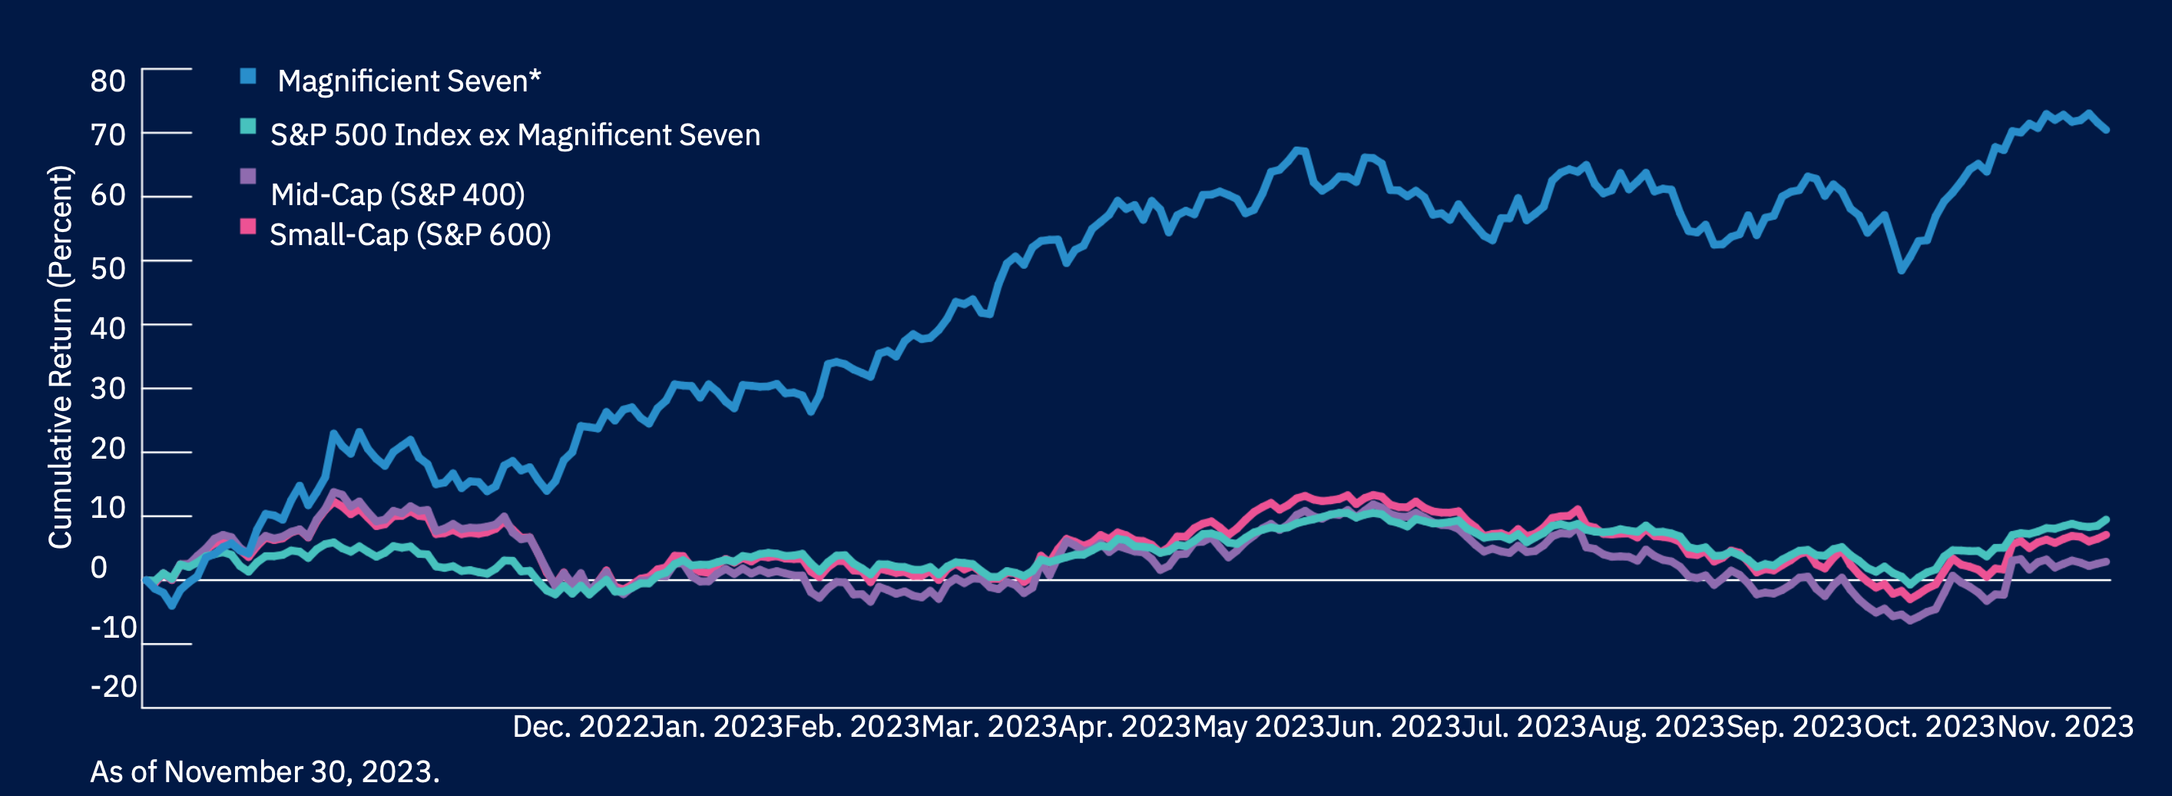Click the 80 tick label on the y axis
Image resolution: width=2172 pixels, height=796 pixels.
click(108, 81)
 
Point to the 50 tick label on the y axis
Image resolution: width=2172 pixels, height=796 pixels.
click(108, 268)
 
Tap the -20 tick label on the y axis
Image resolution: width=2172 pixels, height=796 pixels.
click(114, 686)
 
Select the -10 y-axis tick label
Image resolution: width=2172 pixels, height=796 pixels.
click(114, 628)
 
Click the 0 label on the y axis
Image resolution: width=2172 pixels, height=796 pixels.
click(100, 568)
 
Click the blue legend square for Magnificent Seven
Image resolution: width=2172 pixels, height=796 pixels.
click(248, 76)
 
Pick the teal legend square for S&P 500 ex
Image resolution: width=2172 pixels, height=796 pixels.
click(248, 127)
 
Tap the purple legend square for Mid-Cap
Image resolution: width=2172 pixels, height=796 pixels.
click(248, 176)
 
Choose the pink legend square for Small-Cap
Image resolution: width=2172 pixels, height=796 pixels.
click(248, 226)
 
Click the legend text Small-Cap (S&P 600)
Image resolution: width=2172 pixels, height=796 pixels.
click(410, 234)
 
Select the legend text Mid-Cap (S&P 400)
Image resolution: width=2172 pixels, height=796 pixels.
click(397, 195)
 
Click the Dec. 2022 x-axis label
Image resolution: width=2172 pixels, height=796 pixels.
click(581, 726)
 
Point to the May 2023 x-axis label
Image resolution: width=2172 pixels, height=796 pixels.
click(1258, 726)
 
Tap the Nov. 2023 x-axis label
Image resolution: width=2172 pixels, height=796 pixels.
click(2065, 726)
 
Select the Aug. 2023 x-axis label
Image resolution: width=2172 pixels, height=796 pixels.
click(1656, 726)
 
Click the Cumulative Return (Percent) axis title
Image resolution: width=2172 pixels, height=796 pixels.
click(61, 357)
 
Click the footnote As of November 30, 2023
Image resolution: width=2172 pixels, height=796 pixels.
click(265, 771)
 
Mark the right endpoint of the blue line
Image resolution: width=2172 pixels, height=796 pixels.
click(2106, 129)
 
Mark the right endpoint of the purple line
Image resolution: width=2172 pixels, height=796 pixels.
click(2106, 562)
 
